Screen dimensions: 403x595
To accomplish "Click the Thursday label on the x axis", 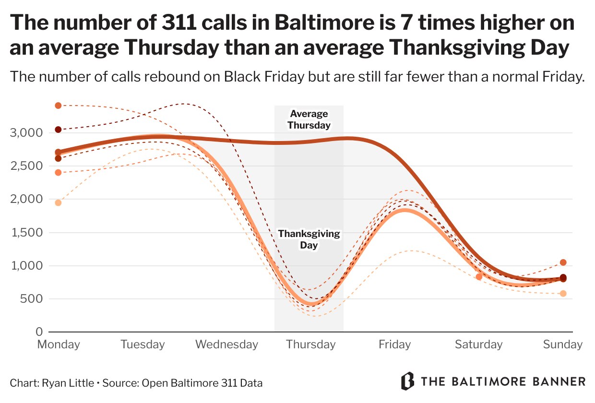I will pyautogui.click(x=310, y=344).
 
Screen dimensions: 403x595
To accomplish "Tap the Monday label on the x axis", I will pyautogui.click(x=59, y=344).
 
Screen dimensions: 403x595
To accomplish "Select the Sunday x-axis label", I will pyautogui.click(x=562, y=344).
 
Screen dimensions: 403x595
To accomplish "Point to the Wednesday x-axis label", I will pyautogui.click(x=226, y=344).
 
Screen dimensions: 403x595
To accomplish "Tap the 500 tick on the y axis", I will pyautogui.click(x=31, y=299).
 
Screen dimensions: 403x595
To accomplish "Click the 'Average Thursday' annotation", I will pyautogui.click(x=309, y=120).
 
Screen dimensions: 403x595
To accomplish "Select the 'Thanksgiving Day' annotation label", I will pyautogui.click(x=309, y=239).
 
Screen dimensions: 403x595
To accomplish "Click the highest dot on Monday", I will pyautogui.click(x=58, y=106).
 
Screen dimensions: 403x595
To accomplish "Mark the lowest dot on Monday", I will pyautogui.click(x=58, y=202).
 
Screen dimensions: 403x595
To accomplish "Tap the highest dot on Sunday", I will pyautogui.click(x=563, y=262).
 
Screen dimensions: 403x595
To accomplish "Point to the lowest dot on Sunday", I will pyautogui.click(x=563, y=293).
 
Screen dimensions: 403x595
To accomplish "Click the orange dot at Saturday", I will pyautogui.click(x=479, y=277).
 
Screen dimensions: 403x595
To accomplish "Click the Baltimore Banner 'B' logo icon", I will pyautogui.click(x=407, y=381).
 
